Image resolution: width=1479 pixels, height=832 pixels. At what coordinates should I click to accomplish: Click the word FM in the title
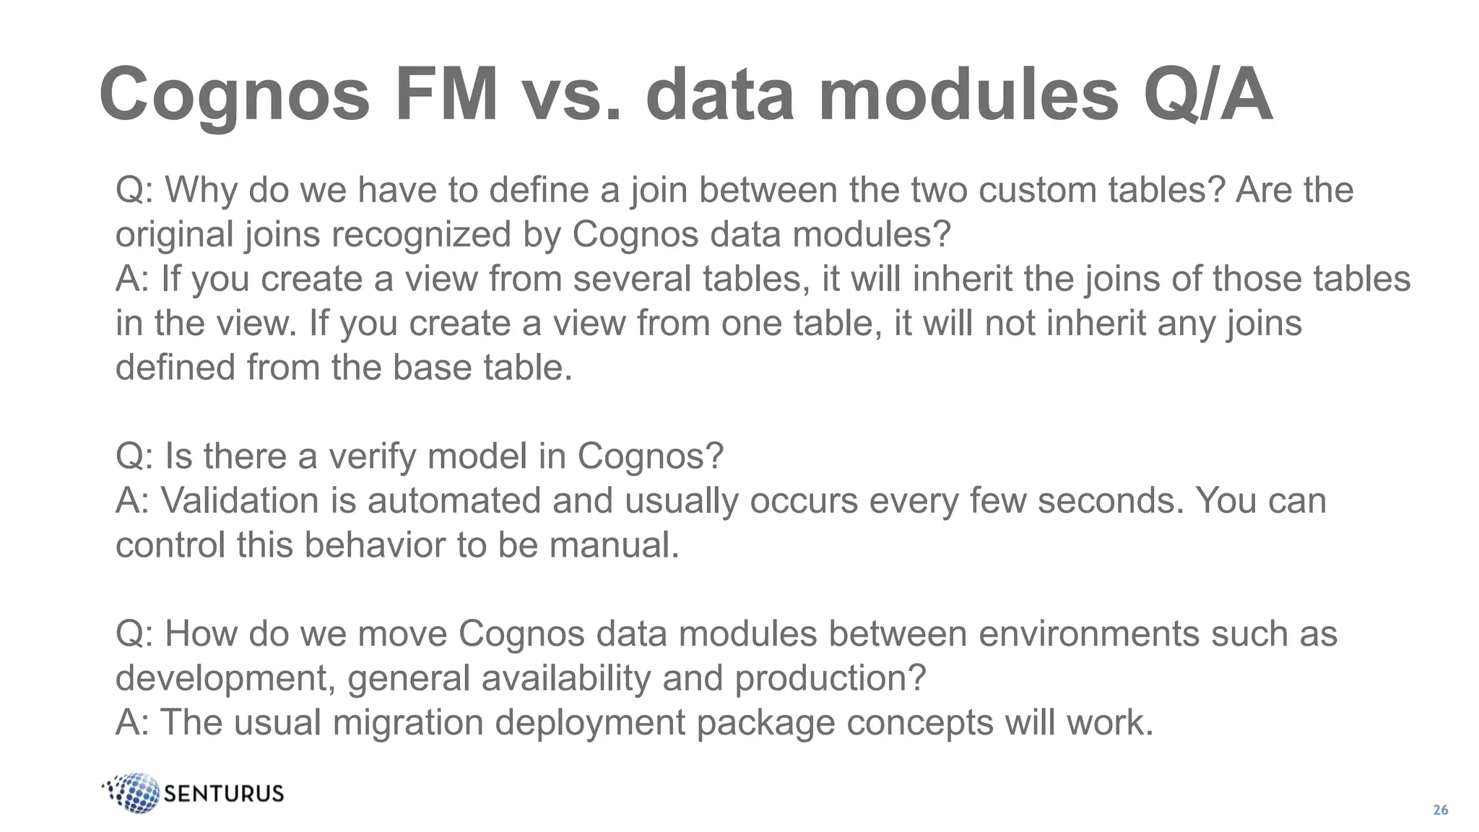[x=446, y=95]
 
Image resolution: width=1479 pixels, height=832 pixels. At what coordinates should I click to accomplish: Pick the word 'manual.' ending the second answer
[x=614, y=545]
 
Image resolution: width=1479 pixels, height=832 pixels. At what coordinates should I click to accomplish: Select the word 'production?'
[x=830, y=678]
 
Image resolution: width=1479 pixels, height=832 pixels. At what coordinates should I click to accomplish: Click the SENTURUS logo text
[x=224, y=794]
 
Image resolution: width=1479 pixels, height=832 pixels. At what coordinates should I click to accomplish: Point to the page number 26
[x=1440, y=810]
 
